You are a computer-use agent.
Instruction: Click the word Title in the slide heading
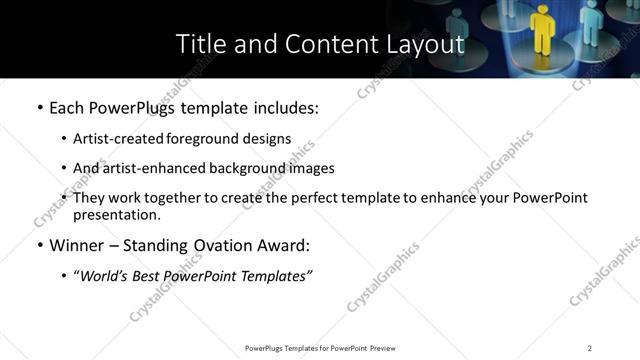[201, 44]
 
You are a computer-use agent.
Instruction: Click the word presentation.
[114, 214]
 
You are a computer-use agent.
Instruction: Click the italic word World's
[106, 276]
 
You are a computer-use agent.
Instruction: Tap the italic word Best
[154, 276]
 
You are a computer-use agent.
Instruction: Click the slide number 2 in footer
[589, 348]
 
